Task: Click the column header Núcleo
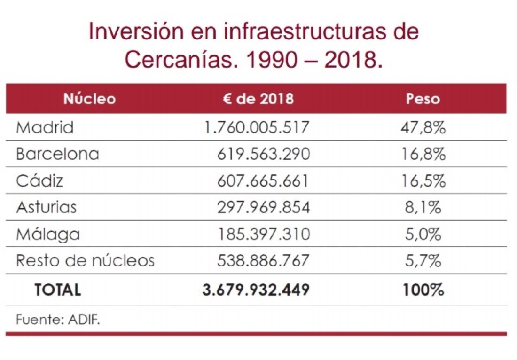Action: click(x=89, y=99)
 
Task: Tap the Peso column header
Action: click(x=423, y=99)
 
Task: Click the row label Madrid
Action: click(x=45, y=127)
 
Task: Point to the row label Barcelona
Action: click(x=57, y=154)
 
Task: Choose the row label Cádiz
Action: click(x=39, y=181)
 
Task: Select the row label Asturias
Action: click(x=46, y=207)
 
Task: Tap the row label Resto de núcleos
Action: click(x=85, y=260)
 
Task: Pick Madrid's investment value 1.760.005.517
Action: click(x=256, y=127)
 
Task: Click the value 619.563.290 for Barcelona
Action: click(x=263, y=154)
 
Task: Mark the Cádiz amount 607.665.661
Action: click(x=263, y=181)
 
